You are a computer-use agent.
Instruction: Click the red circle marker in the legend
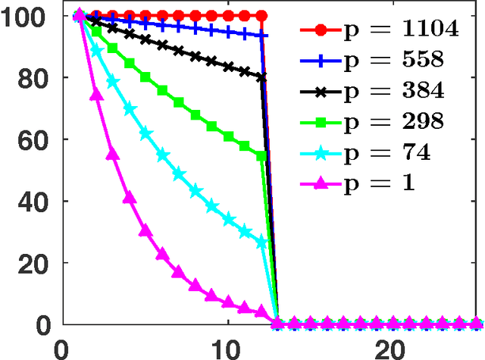coord(321,30)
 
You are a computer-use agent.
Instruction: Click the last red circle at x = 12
coord(262,15)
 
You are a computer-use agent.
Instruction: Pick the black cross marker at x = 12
coord(262,77)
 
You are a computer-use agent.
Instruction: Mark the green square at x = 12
coord(262,156)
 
